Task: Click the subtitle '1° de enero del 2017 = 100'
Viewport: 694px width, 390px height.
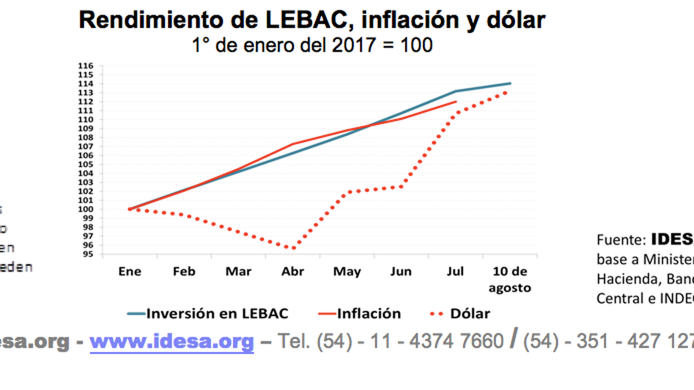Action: [312, 44]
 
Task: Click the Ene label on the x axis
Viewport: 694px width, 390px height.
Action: [130, 272]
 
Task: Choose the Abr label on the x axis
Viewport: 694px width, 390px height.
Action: [293, 272]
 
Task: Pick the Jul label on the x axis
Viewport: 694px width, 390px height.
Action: [456, 272]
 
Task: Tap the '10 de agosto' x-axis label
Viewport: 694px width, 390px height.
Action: [510, 279]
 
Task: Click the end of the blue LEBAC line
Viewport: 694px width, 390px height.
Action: [510, 83]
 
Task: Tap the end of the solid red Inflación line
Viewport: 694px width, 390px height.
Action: [456, 102]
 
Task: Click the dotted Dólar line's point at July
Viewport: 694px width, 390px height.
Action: [456, 113]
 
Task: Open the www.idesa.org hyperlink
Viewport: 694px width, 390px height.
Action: [172, 341]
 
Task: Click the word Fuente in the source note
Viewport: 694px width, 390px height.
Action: [619, 240]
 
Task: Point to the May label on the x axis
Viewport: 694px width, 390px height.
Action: [347, 272]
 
